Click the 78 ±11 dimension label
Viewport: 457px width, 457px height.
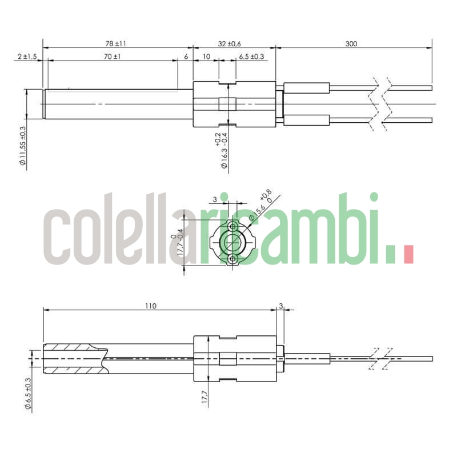click(116, 43)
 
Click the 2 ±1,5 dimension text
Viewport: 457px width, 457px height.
click(27, 57)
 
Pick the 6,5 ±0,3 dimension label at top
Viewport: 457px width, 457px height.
click(251, 57)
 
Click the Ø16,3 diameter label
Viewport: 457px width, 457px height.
click(222, 150)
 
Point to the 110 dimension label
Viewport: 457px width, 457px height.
click(150, 306)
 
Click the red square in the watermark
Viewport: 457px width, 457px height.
click(408, 254)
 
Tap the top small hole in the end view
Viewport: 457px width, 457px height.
click(232, 226)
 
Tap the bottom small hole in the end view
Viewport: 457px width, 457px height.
click(232, 260)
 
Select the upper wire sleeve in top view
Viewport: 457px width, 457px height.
click(307, 88)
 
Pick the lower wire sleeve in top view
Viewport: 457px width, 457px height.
click(307, 120)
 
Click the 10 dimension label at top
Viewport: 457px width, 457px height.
click(206, 57)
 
